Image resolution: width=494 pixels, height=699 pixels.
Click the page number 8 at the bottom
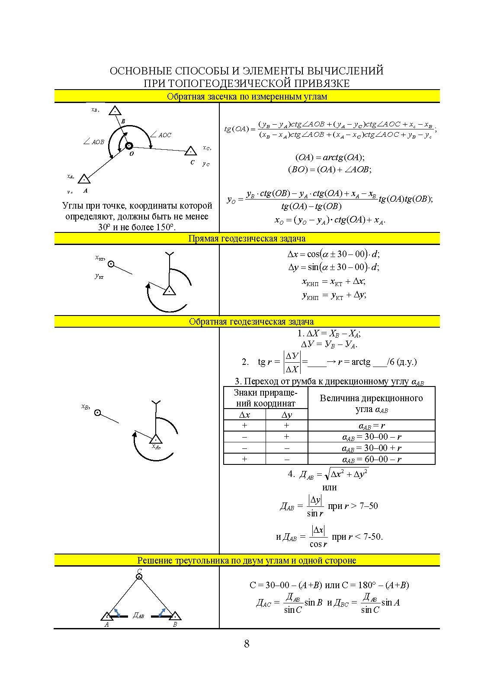coord(247,644)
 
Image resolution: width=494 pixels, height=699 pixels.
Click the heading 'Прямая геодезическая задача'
coord(247,238)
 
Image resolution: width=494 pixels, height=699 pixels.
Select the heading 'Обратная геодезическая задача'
coord(251,322)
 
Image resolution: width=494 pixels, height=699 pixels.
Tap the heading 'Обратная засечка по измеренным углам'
coord(247,97)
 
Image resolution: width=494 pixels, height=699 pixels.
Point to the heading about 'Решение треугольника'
coord(247,560)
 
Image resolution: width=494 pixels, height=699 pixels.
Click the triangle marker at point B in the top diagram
coord(115,111)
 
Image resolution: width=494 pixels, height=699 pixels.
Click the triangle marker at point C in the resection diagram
coord(191,151)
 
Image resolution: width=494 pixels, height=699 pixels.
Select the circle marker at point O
coord(129,146)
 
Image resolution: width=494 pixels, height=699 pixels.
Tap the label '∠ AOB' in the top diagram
coord(94,142)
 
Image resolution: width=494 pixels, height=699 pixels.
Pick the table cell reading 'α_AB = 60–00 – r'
coord(372,459)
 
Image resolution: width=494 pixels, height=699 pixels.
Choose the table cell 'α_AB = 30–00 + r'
coord(372,448)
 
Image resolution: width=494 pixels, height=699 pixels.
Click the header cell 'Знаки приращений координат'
coord(265,398)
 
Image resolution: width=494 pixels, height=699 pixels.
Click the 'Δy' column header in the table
coord(286,415)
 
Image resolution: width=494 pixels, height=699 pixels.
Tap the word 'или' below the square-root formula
coord(330,487)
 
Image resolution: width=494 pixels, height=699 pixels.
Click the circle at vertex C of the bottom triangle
coord(139,577)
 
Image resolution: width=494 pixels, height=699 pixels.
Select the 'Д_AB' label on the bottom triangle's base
coord(138,615)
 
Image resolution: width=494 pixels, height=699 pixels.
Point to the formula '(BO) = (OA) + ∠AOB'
coord(330,170)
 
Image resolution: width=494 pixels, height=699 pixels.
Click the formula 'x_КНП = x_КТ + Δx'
coord(334,281)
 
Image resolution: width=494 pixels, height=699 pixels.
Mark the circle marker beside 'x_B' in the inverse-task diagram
coord(98,412)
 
